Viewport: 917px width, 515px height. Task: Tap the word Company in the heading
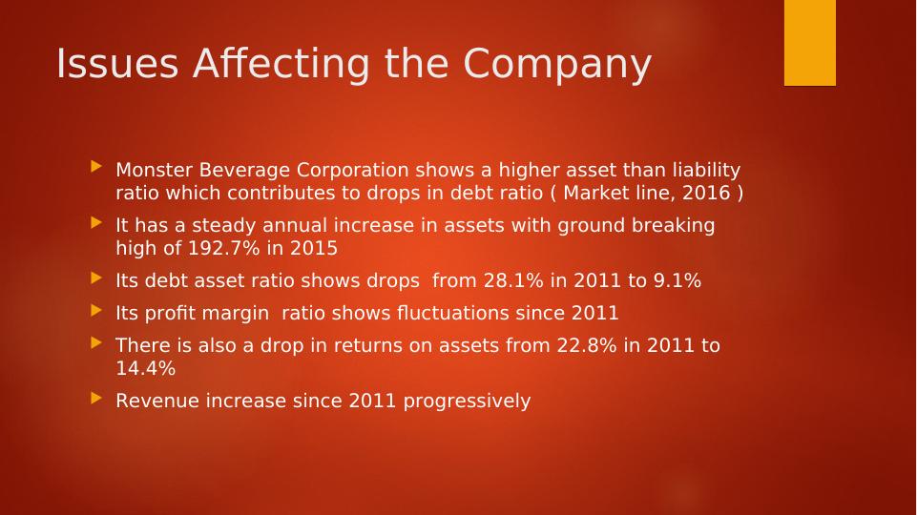click(x=557, y=64)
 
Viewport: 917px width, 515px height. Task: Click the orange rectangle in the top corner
click(x=809, y=43)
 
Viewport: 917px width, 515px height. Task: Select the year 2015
click(x=314, y=248)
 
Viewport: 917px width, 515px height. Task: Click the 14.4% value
click(x=145, y=368)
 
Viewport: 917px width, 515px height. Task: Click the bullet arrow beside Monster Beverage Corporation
click(x=95, y=167)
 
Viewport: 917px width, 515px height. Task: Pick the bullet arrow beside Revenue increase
click(x=95, y=398)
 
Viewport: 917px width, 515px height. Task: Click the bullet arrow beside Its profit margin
click(x=95, y=310)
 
